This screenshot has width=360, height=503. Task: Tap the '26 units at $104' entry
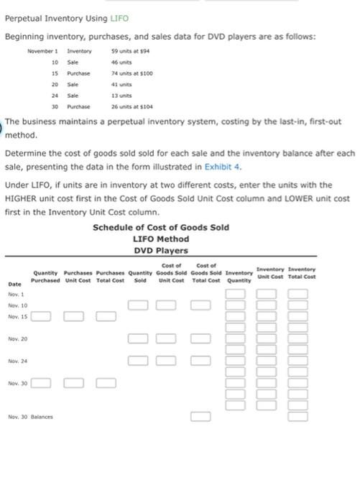pyautogui.click(x=130, y=106)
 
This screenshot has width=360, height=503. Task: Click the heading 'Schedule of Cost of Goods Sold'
pyautogui.click(x=161, y=227)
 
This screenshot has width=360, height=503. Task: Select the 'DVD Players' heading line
pyautogui.click(x=161, y=250)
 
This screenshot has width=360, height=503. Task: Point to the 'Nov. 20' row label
pyautogui.click(x=17, y=338)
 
